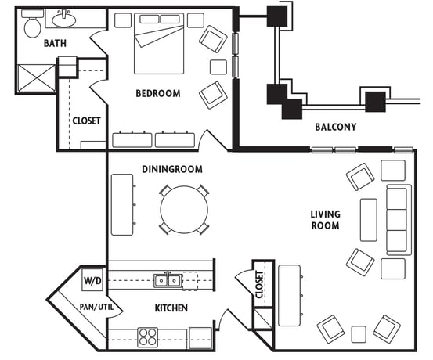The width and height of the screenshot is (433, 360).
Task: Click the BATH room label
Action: pyautogui.click(x=55, y=43)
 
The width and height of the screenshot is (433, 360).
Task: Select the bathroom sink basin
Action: pyautogui.click(x=63, y=20)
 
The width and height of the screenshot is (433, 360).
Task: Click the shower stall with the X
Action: pyautogui.click(x=37, y=78)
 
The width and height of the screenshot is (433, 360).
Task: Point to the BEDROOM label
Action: pyautogui.click(x=158, y=93)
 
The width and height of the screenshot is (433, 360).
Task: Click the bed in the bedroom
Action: pyautogui.click(x=159, y=43)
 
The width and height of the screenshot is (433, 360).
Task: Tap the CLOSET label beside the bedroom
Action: pyautogui.click(x=86, y=121)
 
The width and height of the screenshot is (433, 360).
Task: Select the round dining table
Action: pyautogui.click(x=184, y=210)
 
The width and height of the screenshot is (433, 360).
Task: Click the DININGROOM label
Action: pyautogui.click(x=172, y=169)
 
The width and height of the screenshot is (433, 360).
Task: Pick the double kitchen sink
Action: pyautogui.click(x=168, y=281)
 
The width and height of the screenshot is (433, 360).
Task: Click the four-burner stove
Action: pyautogui.click(x=148, y=337)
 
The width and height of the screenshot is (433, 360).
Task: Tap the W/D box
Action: pyautogui.click(x=92, y=280)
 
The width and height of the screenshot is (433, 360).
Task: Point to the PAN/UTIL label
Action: pyautogui.click(x=96, y=307)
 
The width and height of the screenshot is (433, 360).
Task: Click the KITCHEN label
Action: pyautogui.click(x=171, y=308)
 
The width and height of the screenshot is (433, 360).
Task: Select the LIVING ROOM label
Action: pyautogui.click(x=325, y=220)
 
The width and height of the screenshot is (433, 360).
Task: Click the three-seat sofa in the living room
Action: pyautogui.click(x=399, y=220)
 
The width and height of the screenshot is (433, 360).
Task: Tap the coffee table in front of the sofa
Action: pyautogui.click(x=369, y=220)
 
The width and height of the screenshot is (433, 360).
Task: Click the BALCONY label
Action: pyautogui.click(x=336, y=127)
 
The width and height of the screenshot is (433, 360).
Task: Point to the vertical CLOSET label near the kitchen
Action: pyautogui.click(x=260, y=284)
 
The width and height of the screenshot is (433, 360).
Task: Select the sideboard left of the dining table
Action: pyautogui.click(x=122, y=204)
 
